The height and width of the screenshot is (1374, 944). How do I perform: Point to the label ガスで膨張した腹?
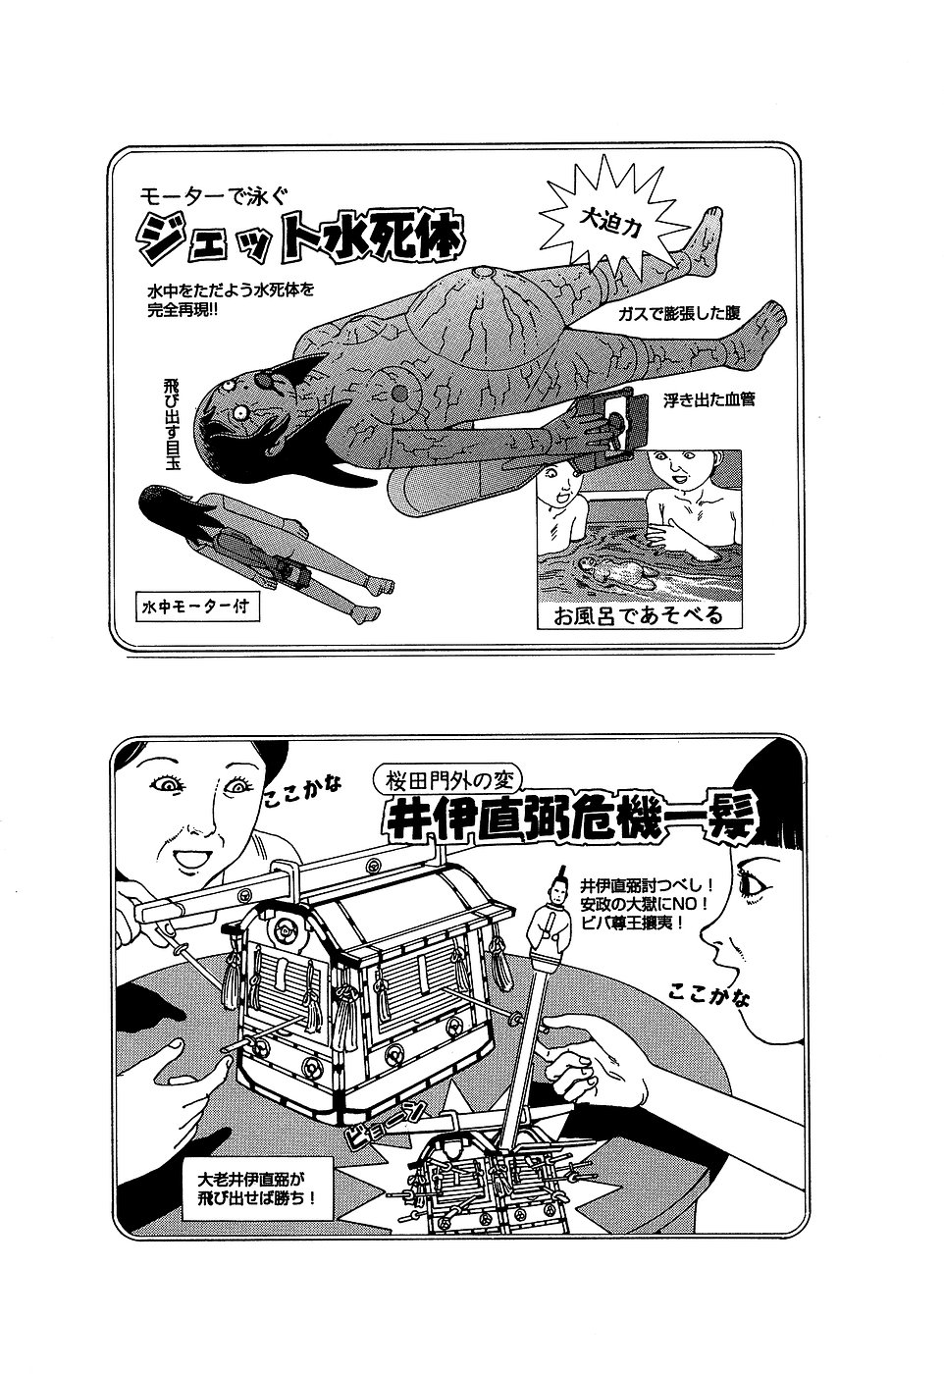pos(679,313)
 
